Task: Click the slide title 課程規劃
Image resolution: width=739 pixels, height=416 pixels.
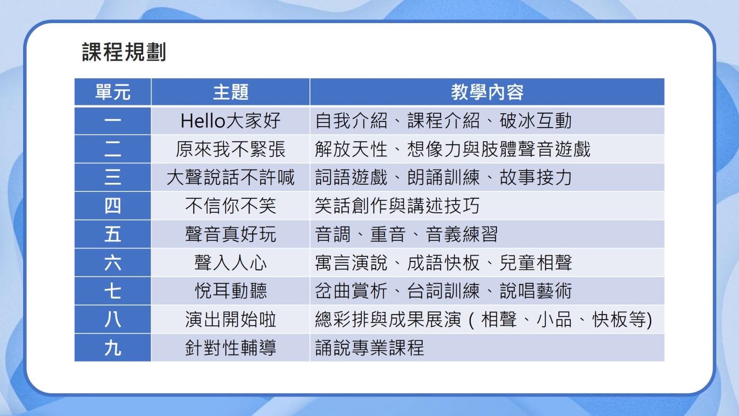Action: coord(124,52)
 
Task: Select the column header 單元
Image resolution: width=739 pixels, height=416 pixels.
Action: coord(113,92)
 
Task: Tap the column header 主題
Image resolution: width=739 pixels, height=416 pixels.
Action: coord(230,92)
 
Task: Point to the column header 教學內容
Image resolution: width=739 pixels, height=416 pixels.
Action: coord(487,92)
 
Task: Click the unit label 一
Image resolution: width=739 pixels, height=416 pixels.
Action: coord(113,121)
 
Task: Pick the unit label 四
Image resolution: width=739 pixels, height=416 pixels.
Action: coord(113,206)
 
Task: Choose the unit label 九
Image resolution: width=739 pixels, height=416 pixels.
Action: coord(113,348)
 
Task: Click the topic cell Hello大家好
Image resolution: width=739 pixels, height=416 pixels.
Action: coord(230,121)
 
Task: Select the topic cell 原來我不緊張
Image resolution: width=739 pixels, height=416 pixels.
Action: coord(230,149)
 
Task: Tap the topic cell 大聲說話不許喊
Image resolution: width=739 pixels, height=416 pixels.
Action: coord(230,177)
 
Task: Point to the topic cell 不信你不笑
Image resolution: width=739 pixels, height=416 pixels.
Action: coord(230,206)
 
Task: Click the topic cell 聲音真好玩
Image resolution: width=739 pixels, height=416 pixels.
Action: coord(230,234)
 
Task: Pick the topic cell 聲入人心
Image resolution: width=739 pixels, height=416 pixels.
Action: coord(230,263)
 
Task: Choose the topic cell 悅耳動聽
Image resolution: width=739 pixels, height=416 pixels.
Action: coord(230,291)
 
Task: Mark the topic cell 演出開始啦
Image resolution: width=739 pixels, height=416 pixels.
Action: coord(230,319)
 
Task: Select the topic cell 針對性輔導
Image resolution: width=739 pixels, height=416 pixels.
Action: coord(230,348)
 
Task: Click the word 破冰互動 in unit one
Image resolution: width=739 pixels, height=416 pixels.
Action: coord(536,121)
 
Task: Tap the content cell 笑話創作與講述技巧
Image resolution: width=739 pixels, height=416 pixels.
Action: coord(397,206)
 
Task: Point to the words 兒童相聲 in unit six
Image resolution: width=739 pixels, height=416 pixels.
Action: coord(536,263)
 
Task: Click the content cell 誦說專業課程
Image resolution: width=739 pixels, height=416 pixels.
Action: coord(369,348)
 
